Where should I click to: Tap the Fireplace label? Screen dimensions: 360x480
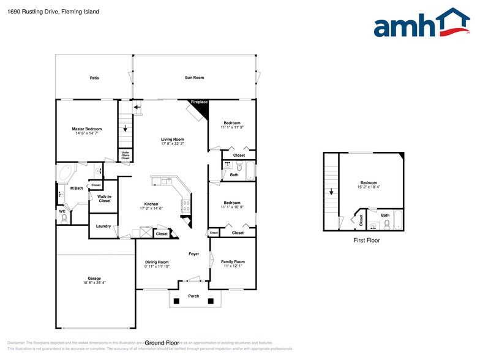click(199, 102)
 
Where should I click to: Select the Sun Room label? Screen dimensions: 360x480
click(194, 78)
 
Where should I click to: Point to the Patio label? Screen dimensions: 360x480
click(94, 78)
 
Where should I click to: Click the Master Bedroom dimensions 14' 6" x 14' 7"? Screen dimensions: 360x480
click(87, 133)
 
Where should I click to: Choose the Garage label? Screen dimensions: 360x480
click(94, 278)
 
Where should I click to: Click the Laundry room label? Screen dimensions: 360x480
click(103, 227)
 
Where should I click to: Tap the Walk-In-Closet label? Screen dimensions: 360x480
click(104, 198)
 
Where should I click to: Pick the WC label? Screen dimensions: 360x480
click(62, 211)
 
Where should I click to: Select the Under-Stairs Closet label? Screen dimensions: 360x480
click(125, 156)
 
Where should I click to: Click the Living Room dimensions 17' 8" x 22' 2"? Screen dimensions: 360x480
click(172, 144)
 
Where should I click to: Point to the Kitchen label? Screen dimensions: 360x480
click(151, 204)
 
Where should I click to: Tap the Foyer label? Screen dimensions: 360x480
click(193, 253)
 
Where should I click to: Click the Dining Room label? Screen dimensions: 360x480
click(157, 261)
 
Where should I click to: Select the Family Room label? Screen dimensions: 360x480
click(232, 261)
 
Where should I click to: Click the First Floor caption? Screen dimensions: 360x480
click(367, 241)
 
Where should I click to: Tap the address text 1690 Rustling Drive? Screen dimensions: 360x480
click(31, 12)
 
